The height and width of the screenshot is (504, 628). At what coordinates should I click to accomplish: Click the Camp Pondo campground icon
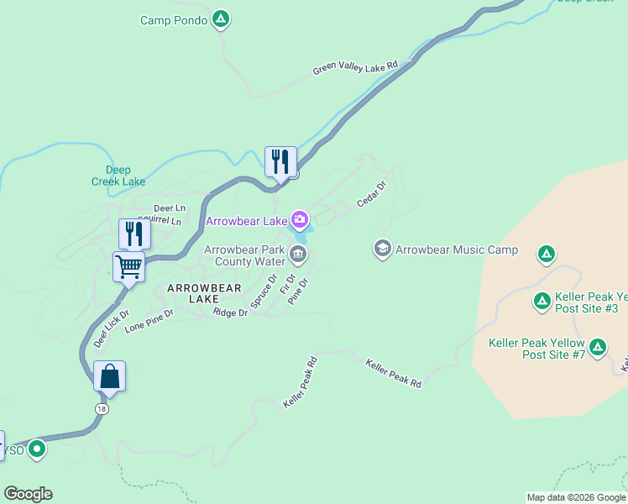click(x=220, y=18)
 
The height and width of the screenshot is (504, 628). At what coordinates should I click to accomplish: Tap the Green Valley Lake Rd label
click(x=354, y=69)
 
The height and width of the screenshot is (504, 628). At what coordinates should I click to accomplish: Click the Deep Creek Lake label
click(x=118, y=176)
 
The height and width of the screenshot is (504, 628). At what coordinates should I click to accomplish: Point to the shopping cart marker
click(x=129, y=267)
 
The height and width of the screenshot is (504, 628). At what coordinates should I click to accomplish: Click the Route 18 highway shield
click(x=102, y=408)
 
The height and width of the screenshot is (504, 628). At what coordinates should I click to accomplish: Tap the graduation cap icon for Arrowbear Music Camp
click(x=383, y=249)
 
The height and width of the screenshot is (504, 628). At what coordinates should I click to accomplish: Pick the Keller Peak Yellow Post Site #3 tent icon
click(x=542, y=300)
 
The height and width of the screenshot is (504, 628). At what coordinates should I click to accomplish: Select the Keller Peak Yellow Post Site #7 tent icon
click(x=598, y=346)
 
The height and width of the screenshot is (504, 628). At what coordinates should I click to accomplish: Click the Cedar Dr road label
click(x=371, y=194)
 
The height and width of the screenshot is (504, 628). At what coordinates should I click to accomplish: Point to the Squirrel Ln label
click(x=160, y=221)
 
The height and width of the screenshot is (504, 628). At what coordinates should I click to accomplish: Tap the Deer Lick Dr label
click(x=112, y=328)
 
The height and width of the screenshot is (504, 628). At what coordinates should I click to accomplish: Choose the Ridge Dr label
click(x=230, y=312)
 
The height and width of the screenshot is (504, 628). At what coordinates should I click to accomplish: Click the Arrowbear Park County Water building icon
click(x=298, y=254)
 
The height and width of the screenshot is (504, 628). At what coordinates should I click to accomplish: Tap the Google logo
click(x=28, y=494)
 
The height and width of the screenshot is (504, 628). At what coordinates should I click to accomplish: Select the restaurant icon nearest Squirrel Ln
click(x=134, y=233)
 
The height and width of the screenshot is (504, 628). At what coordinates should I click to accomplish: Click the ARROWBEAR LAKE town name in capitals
click(x=204, y=293)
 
